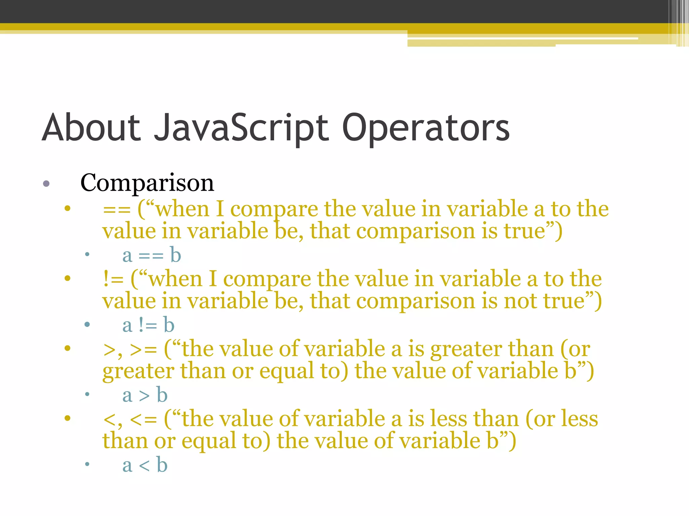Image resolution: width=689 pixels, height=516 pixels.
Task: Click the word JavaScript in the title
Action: pyautogui.click(x=241, y=128)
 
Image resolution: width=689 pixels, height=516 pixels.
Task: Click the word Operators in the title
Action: pyautogui.click(x=426, y=128)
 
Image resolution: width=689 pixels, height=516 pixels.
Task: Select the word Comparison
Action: pyautogui.click(x=147, y=183)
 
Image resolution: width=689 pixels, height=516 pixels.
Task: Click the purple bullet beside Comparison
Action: pyautogui.click(x=46, y=184)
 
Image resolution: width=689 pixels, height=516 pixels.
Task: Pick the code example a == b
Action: pyautogui.click(x=152, y=255)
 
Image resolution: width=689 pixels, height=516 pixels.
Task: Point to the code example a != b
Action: pyautogui.click(x=148, y=325)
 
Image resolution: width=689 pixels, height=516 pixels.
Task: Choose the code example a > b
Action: pyautogui.click(x=145, y=395)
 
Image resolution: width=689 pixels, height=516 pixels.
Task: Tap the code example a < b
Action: pyautogui.click(x=145, y=465)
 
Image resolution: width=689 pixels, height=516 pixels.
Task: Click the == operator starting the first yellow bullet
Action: pyautogui.click(x=116, y=210)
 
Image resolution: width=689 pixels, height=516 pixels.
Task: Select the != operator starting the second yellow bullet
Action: pyautogui.click(x=113, y=279)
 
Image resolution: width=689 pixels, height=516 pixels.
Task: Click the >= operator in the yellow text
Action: pyautogui.click(x=143, y=350)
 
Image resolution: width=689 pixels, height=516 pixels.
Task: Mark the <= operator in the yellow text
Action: pyautogui.click(x=143, y=420)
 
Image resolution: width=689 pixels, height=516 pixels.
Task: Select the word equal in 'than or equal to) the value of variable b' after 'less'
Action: pyautogui.click(x=209, y=441)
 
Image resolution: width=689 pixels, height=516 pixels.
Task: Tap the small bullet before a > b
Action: pyautogui.click(x=87, y=394)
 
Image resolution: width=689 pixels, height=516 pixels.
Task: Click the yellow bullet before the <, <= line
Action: pyautogui.click(x=68, y=418)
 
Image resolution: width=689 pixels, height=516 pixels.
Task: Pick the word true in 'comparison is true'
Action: pyautogui.click(x=524, y=231)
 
